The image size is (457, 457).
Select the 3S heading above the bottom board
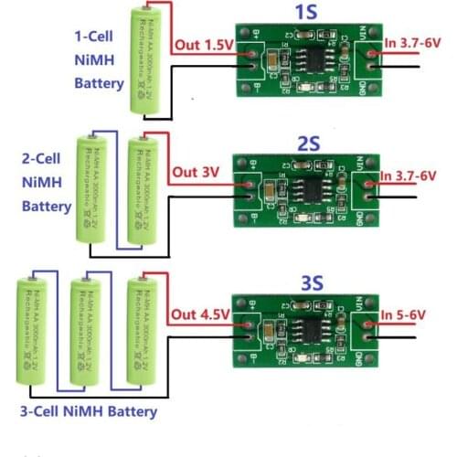coord(306,282)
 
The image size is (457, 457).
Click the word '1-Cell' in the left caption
coord(96,37)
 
